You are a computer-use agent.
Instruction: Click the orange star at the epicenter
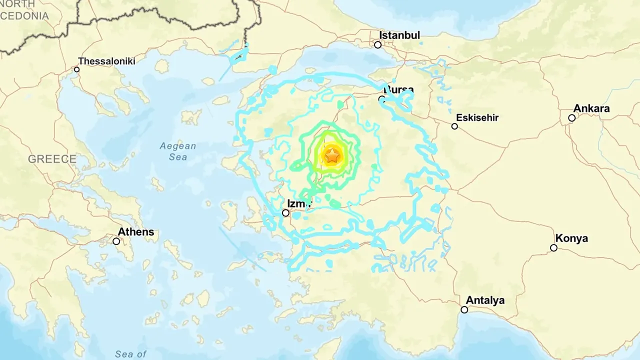(x=332, y=156)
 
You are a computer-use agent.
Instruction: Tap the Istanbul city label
(x=399, y=35)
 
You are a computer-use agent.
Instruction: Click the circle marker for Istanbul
(x=378, y=45)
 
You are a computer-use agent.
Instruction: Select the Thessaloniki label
(x=106, y=61)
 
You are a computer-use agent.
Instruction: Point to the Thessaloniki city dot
(x=77, y=69)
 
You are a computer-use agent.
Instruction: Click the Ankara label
(x=591, y=108)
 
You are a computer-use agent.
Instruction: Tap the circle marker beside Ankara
(x=572, y=118)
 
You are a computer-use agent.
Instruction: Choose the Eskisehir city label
(x=477, y=118)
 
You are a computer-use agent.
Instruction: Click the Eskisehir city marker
(x=454, y=126)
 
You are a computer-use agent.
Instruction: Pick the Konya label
(x=571, y=238)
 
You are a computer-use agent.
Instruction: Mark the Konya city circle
(x=553, y=248)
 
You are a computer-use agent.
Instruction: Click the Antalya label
(x=485, y=300)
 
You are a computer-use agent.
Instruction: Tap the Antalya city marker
(x=464, y=310)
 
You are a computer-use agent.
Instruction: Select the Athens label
(x=136, y=232)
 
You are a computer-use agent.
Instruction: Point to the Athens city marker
(x=116, y=241)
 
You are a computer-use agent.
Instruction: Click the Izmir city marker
(x=285, y=213)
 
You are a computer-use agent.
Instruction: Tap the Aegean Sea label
(x=177, y=151)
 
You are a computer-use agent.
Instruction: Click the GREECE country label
(x=52, y=159)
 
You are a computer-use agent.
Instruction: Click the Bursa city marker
(x=382, y=99)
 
